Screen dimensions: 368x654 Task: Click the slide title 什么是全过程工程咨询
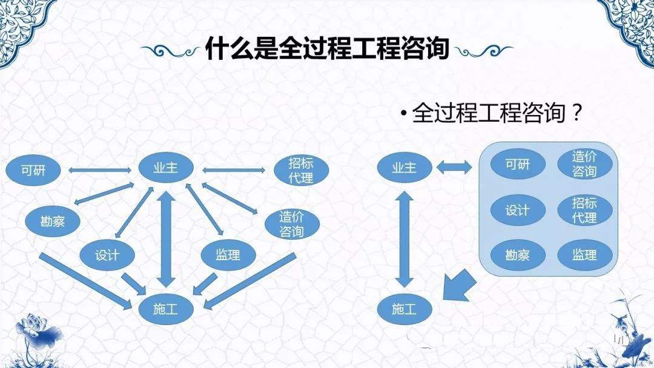point(326,49)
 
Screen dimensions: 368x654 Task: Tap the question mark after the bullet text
point(577,113)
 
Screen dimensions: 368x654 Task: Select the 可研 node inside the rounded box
point(517,163)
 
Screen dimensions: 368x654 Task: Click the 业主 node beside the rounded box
point(405,168)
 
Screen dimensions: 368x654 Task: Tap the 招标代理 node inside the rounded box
point(584,209)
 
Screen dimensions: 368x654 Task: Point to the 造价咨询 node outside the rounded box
point(291,223)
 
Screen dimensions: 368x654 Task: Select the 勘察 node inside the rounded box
point(517,254)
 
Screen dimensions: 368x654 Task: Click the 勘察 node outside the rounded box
point(53,221)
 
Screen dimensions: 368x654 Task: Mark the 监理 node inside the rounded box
point(584,254)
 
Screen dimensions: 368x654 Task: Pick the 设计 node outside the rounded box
point(107,254)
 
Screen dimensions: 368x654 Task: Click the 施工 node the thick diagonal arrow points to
point(405,309)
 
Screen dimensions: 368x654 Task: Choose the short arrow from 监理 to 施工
point(206,282)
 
